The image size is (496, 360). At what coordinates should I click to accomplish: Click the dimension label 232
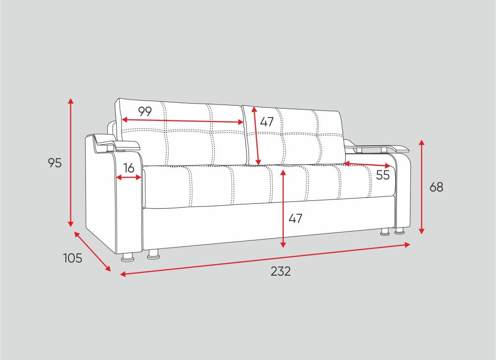(281, 271)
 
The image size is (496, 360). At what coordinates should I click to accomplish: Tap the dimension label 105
(73, 258)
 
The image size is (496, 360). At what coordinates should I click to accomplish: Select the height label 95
(55, 163)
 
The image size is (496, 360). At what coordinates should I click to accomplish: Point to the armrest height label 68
(436, 187)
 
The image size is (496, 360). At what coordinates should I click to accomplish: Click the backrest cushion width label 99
(145, 111)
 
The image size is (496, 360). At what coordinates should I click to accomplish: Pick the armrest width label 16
(129, 168)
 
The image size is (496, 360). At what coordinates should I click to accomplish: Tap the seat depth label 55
(383, 175)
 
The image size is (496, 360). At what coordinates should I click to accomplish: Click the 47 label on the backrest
(267, 122)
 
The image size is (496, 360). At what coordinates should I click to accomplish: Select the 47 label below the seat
(295, 218)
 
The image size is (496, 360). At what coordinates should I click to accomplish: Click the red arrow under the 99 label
(183, 121)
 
